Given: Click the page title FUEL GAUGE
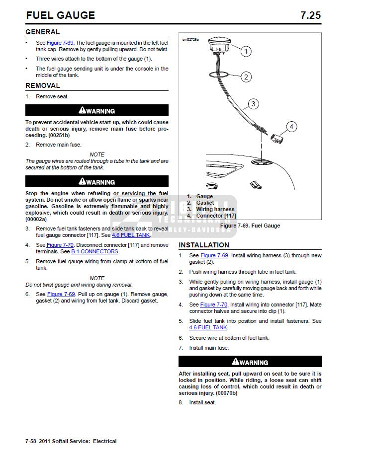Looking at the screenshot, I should (x=60, y=15).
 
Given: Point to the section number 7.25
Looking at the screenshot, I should (x=310, y=15).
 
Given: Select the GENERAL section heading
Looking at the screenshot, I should (x=42, y=32).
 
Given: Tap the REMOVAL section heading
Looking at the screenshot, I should (x=43, y=86).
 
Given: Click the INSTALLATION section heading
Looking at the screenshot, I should (x=204, y=245).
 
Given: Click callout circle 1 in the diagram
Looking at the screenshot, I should (x=246, y=51).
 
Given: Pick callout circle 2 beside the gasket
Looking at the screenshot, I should (x=246, y=77).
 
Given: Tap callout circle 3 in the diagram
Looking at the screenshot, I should (x=254, y=104).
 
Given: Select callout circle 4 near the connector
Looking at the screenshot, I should (x=291, y=127).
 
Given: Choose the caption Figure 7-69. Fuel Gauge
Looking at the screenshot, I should (x=250, y=226).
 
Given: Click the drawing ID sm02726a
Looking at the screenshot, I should (x=190, y=39).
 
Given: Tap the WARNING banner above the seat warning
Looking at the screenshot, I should (x=250, y=362).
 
